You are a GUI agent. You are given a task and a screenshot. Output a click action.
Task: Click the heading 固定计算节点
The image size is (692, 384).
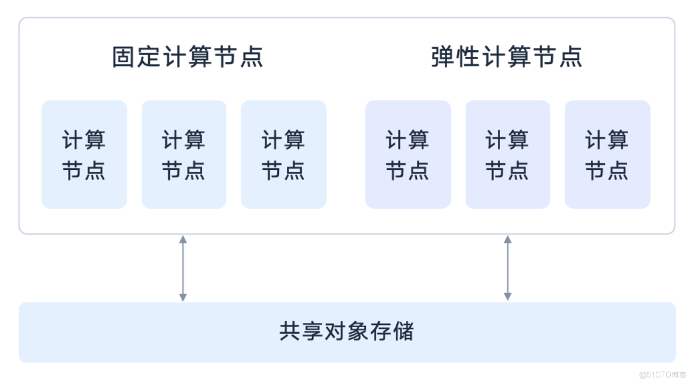click(187, 57)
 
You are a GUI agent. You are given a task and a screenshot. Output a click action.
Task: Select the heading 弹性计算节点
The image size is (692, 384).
click(507, 57)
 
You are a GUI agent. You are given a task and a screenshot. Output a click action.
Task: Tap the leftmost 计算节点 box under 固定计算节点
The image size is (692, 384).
click(84, 154)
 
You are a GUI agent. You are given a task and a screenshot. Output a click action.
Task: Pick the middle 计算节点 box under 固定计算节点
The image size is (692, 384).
click(184, 154)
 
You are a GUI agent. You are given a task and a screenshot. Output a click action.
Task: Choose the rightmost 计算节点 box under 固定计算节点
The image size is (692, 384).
click(284, 154)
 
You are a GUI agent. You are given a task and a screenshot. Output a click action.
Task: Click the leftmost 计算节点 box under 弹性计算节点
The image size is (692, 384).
click(408, 154)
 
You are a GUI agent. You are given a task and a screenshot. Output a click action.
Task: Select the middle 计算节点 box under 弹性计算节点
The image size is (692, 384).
click(508, 154)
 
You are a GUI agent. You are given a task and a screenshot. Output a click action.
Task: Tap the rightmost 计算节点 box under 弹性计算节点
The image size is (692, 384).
click(608, 154)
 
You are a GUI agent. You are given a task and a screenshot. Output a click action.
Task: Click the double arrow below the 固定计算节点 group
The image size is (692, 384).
click(183, 268)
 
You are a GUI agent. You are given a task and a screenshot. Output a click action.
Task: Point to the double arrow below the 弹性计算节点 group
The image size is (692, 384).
click(508, 268)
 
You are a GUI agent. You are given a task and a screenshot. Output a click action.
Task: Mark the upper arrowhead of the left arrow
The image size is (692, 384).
click(183, 239)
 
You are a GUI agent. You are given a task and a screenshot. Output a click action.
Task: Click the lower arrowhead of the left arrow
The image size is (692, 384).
click(183, 297)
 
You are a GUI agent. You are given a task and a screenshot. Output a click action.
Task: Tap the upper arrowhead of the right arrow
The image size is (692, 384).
click(508, 239)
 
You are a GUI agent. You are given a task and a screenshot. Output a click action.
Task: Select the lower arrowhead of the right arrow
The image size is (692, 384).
click(508, 297)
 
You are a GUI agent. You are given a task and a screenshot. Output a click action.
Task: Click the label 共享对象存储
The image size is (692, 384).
click(347, 332)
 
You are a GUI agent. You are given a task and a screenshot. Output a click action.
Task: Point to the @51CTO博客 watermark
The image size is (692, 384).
click(662, 374)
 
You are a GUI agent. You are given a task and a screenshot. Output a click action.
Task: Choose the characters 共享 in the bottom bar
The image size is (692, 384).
click(302, 332)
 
